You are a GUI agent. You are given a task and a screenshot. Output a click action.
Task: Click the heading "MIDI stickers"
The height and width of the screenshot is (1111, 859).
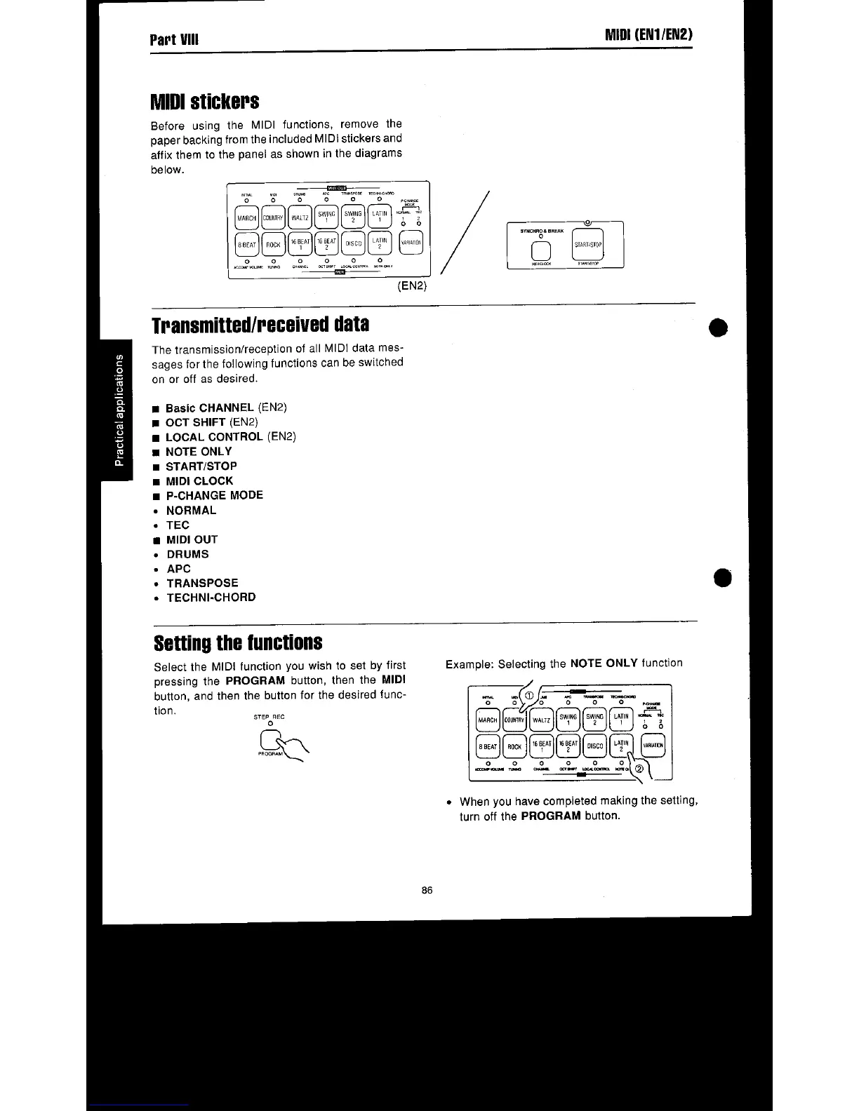pyautogui.click(x=205, y=102)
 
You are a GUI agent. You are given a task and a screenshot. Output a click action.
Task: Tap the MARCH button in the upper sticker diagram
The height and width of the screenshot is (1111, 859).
pyautogui.click(x=247, y=217)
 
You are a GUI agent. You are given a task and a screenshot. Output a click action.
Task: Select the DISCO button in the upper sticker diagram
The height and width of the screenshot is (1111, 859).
pyautogui.click(x=354, y=244)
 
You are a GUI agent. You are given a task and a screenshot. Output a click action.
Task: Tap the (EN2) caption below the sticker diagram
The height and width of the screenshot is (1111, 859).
pyautogui.click(x=412, y=286)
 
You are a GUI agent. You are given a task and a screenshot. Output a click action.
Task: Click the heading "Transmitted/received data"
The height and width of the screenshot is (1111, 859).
pyautogui.click(x=260, y=325)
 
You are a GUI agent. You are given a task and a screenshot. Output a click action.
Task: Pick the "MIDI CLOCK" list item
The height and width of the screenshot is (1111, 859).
pyautogui.click(x=199, y=480)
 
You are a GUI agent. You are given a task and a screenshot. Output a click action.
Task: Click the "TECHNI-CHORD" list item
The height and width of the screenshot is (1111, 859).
pyautogui.click(x=211, y=598)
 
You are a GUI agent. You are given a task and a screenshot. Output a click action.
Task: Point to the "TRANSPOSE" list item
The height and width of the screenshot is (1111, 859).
pyautogui.click(x=202, y=583)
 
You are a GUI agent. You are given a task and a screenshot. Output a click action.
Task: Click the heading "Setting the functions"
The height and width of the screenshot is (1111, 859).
pyautogui.click(x=238, y=642)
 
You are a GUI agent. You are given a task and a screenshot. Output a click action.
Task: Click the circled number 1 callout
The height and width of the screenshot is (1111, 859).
pyautogui.click(x=530, y=696)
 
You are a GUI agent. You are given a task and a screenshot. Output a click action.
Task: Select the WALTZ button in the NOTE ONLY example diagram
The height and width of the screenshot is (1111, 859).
pyautogui.click(x=541, y=720)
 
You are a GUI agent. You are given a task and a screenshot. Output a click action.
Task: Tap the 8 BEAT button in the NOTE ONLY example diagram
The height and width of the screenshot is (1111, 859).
pyautogui.click(x=488, y=746)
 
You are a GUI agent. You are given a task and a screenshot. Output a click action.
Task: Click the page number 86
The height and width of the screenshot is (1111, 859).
pyautogui.click(x=427, y=890)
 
